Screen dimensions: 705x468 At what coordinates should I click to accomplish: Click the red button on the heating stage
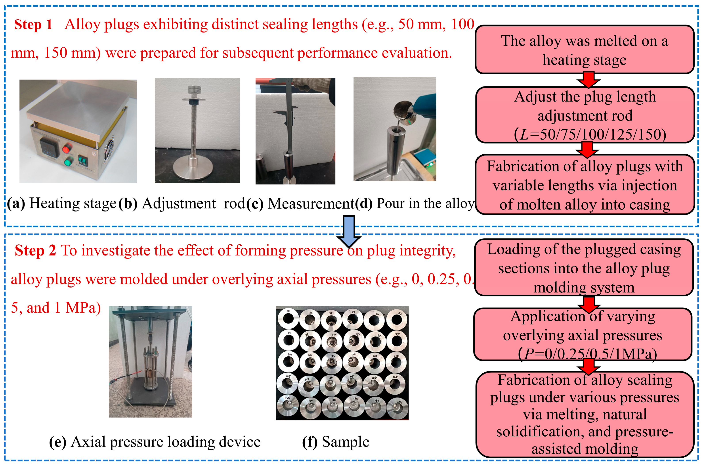coord(67,148)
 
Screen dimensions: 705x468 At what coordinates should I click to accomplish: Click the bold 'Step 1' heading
coord(33,25)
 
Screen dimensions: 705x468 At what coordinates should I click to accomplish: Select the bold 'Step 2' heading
coord(35,250)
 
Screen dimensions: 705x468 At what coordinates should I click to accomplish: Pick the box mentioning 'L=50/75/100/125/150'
coord(585,115)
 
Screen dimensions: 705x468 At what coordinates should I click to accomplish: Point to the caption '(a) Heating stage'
coord(61,203)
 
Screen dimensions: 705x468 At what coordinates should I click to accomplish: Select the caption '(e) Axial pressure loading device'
coord(155,442)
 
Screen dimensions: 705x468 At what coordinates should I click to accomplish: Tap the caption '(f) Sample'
coord(336,442)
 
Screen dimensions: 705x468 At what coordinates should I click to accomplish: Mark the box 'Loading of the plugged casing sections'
coord(584,268)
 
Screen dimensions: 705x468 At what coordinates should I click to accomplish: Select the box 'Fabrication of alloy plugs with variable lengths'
coord(585,185)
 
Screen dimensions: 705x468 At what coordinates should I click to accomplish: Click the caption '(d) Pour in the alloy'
coord(415,203)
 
